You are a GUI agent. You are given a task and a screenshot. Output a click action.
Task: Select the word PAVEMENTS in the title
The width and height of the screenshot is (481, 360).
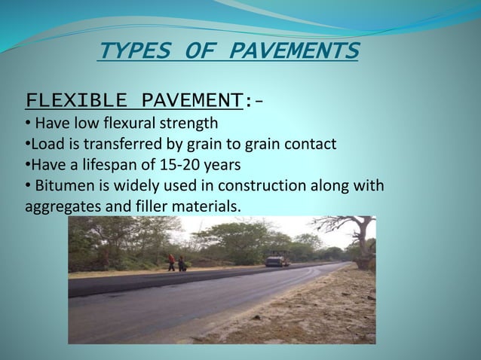coord(294,51)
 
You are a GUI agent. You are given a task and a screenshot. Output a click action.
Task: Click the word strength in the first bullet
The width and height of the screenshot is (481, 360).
coord(192,123)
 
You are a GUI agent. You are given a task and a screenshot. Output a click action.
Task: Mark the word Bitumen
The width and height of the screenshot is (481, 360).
coord(60,186)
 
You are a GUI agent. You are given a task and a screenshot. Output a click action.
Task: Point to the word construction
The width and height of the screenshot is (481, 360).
coord(268,186)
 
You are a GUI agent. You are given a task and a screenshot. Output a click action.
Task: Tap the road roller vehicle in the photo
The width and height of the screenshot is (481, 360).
coord(277,258)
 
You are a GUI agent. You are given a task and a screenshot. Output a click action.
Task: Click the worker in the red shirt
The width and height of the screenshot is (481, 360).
coord(172,262)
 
